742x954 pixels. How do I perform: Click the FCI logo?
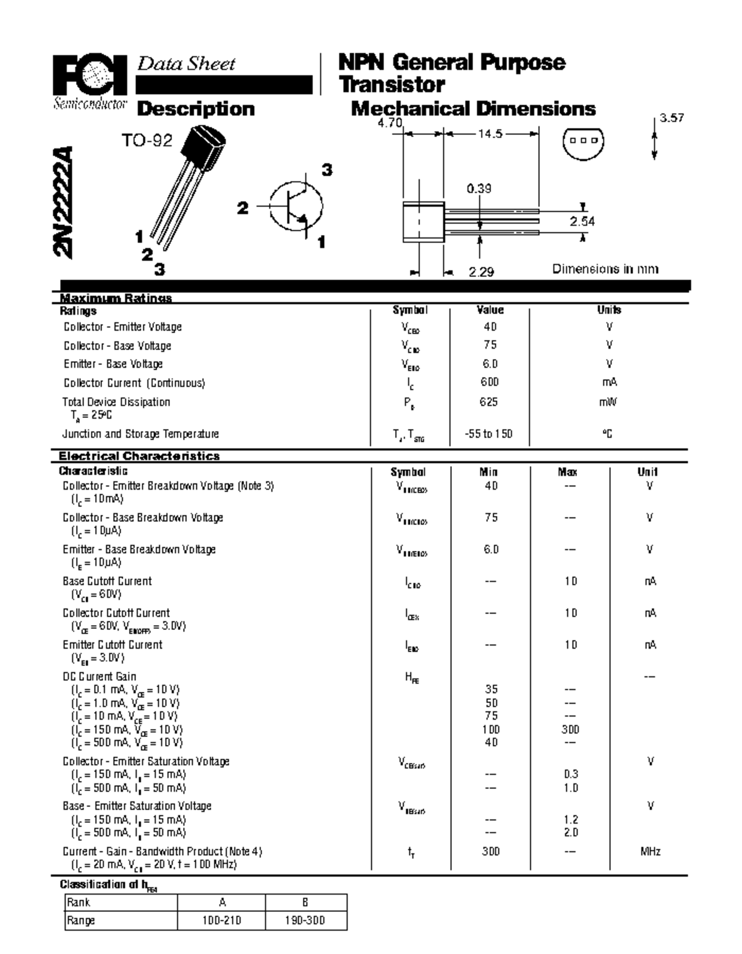(90, 77)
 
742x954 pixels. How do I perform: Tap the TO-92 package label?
(147, 141)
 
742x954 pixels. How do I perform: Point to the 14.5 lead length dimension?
(490, 134)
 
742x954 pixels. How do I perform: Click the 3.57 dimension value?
(672, 118)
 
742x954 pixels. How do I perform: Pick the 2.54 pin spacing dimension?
(582, 221)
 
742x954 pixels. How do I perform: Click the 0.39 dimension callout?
(479, 189)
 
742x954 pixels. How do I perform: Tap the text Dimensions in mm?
(605, 269)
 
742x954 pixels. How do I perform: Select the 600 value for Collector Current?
(489, 382)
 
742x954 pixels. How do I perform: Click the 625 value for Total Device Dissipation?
(488, 402)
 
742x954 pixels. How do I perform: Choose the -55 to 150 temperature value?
(488, 434)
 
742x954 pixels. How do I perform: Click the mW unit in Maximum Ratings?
(608, 402)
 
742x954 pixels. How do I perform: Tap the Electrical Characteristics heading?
(139, 456)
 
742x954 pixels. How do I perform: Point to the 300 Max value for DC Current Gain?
(570, 730)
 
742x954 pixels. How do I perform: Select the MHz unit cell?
(650, 851)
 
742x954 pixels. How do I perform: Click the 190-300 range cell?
(305, 920)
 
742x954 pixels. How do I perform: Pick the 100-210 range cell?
(221, 920)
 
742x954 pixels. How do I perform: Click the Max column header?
(568, 472)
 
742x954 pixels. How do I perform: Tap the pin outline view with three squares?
(582, 140)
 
